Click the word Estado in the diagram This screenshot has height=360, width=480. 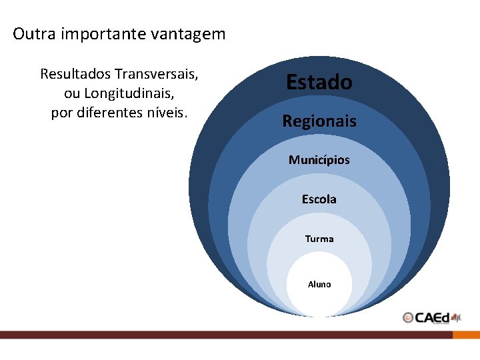coord(319,82)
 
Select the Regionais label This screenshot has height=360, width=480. coord(319,121)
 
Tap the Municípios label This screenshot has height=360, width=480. coord(319,160)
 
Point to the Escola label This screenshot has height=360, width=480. coord(319,199)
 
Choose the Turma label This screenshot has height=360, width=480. coord(319,239)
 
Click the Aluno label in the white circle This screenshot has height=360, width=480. coord(319,285)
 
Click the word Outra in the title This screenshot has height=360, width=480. coord(34,33)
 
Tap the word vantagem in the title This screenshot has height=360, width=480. coord(189,34)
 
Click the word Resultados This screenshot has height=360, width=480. coord(75,73)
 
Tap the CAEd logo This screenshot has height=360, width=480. coord(432,317)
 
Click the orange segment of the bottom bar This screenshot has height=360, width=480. coord(466,335)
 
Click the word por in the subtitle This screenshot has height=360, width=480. coord(62,112)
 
